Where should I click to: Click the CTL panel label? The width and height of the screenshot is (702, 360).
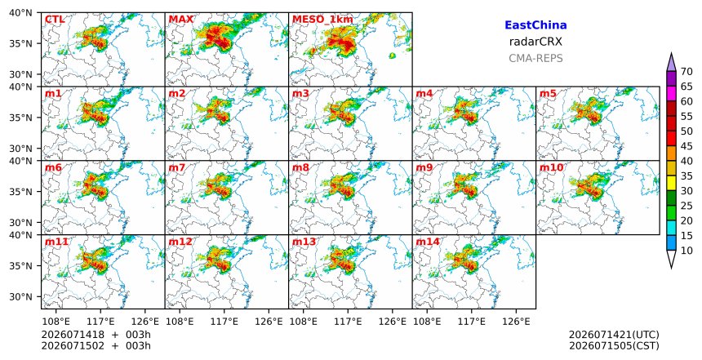(55, 20)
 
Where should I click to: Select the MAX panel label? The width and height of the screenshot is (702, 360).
(181, 20)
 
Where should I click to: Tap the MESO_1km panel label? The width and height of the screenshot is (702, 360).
(322, 20)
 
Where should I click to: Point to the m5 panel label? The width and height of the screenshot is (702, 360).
(548, 94)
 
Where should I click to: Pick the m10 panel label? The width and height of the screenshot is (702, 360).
(551, 167)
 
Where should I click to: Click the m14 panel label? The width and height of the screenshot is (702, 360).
(428, 242)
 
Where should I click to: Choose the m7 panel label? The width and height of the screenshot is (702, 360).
(177, 167)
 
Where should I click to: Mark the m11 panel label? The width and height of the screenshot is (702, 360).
(56, 242)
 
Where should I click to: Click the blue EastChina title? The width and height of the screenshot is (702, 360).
(535, 25)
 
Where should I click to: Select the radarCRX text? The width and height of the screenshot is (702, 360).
(535, 42)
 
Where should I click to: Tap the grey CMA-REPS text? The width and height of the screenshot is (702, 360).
(535, 58)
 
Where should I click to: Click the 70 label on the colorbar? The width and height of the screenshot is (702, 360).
(686, 72)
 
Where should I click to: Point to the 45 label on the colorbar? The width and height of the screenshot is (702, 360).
(686, 146)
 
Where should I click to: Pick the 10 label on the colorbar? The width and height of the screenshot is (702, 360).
(686, 251)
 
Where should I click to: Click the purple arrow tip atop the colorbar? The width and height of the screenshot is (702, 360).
(671, 54)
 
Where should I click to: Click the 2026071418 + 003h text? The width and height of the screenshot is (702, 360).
(96, 335)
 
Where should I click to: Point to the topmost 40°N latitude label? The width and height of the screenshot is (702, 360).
(20, 12)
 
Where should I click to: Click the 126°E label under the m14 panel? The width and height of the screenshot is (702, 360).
(516, 321)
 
